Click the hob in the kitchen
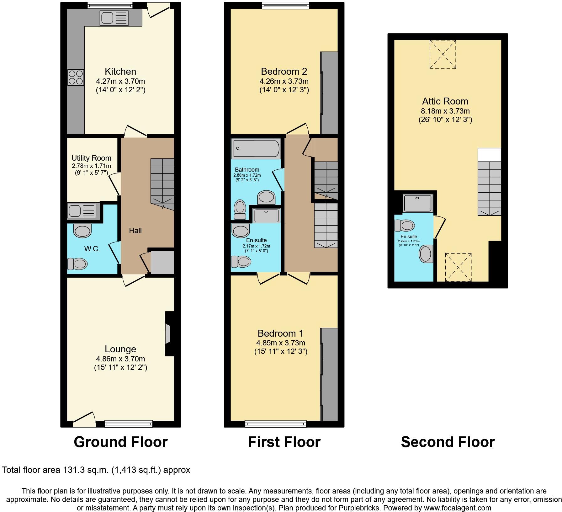(x=76, y=77)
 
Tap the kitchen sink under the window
(x=114, y=18)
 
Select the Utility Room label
(x=91, y=158)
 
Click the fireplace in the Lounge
(x=168, y=334)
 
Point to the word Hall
(x=135, y=231)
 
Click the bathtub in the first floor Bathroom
(x=256, y=149)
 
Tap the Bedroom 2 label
(x=284, y=72)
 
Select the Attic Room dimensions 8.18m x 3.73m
(x=445, y=111)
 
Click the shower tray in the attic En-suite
(x=418, y=203)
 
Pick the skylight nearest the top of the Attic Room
(x=443, y=54)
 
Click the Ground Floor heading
(x=120, y=442)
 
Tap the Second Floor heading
(x=448, y=442)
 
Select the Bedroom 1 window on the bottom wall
(x=276, y=424)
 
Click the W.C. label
(x=92, y=249)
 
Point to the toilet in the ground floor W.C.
(x=77, y=264)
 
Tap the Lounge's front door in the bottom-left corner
(x=84, y=420)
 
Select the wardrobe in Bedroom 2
(x=329, y=93)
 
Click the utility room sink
(x=82, y=211)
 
